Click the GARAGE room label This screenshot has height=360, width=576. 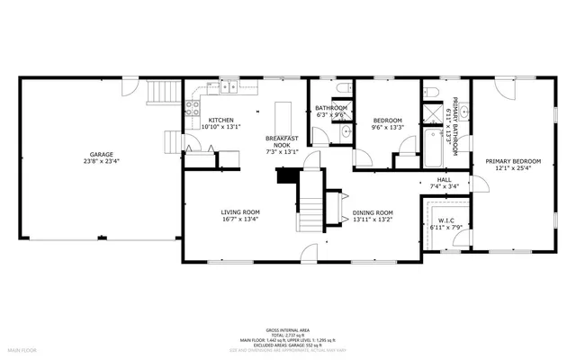pos(101,154)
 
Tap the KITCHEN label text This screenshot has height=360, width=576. pos(221,121)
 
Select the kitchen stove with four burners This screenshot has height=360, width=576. pos(192,109)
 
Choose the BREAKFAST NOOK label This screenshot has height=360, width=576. pos(283,140)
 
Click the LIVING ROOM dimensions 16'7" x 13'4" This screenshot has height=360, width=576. pos(240,219)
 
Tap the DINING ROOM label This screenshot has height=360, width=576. pos(373,212)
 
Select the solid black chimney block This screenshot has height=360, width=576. pos(286,176)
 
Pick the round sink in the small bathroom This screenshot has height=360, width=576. pos(346,133)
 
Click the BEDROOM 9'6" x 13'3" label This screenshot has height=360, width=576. pos(387,121)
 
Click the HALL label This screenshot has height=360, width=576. pos(444,180)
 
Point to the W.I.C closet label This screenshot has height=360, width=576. pos(445,220)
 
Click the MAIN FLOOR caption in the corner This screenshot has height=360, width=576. pos(22,348)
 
